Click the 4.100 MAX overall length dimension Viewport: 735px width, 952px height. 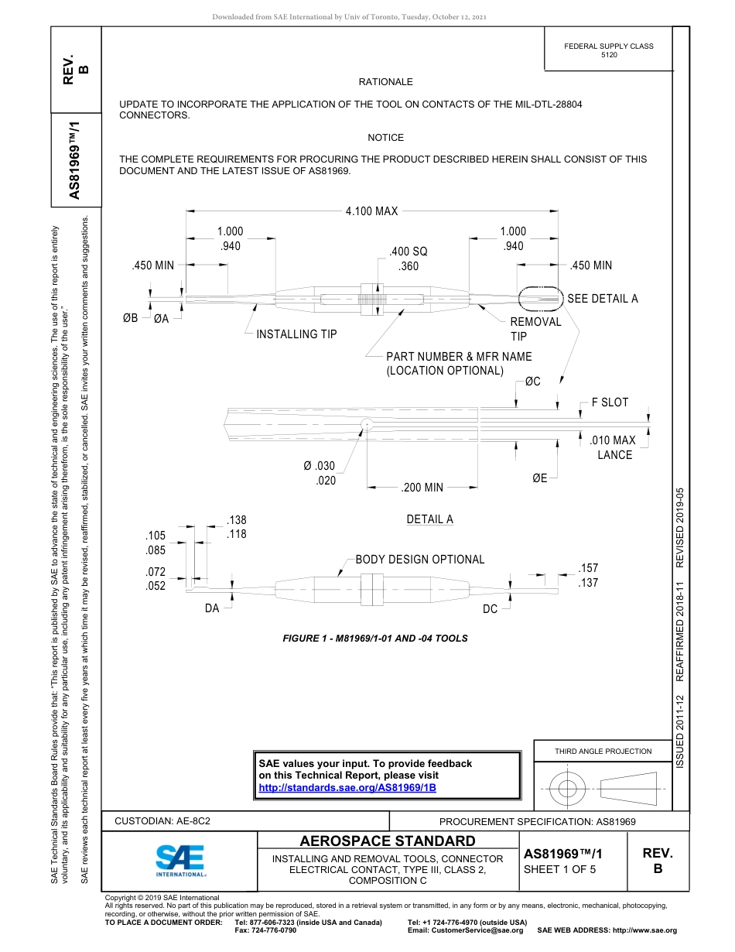point(371,211)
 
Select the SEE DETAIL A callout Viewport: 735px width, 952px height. point(602,299)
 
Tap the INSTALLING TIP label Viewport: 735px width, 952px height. point(296,334)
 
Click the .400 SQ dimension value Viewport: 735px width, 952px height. point(408,252)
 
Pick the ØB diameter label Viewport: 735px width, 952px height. point(131,318)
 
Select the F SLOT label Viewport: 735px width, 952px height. point(610,402)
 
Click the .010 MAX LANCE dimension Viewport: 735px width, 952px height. point(613,447)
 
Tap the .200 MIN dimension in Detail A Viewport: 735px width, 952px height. point(422,488)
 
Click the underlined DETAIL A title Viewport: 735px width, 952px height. point(429,519)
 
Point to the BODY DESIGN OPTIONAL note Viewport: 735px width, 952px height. point(419,560)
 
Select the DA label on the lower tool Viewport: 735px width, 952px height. point(212,609)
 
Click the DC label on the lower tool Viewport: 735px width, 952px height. point(491,609)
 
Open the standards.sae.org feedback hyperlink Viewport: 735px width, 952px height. point(347,788)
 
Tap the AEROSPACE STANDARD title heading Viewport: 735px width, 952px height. point(388,841)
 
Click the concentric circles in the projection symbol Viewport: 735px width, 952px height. point(568,789)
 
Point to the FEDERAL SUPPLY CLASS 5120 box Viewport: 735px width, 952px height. point(608,50)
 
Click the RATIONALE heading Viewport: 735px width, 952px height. point(385,82)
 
